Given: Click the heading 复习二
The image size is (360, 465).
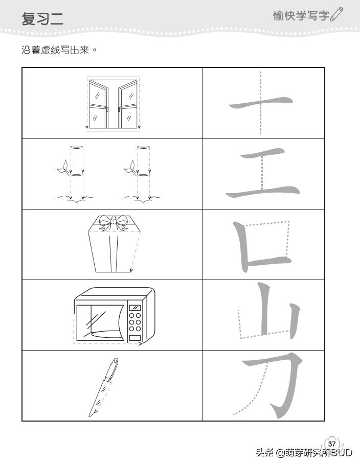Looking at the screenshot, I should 42,19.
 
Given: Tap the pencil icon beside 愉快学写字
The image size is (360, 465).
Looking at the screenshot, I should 337,15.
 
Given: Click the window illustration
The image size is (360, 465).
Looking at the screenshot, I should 113,104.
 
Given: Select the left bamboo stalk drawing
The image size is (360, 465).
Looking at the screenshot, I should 76,174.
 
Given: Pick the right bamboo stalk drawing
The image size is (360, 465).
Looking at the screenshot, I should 143,174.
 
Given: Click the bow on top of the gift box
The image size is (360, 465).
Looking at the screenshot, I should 113,221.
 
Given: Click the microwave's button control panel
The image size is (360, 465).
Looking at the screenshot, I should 135,322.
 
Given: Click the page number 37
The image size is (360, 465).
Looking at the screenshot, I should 332,443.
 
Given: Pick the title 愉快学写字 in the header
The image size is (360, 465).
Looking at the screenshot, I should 301,15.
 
